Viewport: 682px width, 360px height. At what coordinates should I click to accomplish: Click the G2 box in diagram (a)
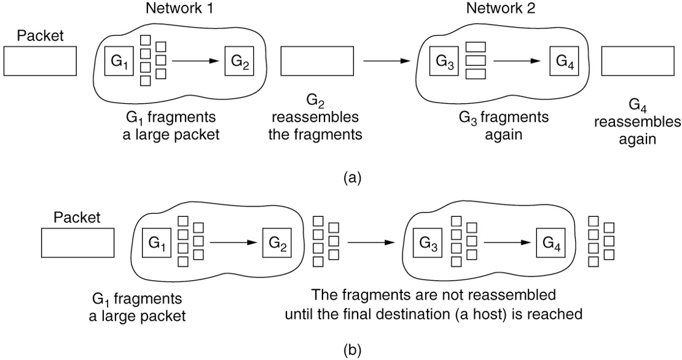(x=238, y=61)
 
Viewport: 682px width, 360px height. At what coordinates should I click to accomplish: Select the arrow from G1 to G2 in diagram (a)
(x=195, y=61)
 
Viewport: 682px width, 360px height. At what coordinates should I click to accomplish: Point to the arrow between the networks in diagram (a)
(x=386, y=61)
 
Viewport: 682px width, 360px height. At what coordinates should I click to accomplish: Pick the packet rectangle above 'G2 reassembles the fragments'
(x=317, y=61)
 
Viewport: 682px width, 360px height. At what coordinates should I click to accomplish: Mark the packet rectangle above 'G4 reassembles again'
(x=638, y=61)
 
